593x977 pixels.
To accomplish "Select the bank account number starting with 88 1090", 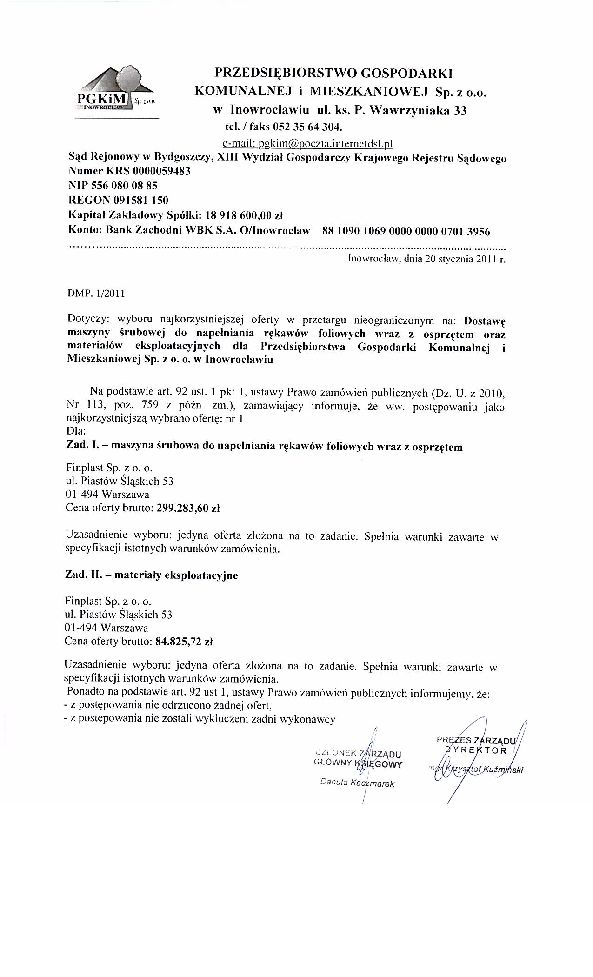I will (x=406, y=231).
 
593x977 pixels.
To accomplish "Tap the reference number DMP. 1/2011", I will (x=96, y=294).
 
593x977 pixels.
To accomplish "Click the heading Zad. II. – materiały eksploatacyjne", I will (x=151, y=575).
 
